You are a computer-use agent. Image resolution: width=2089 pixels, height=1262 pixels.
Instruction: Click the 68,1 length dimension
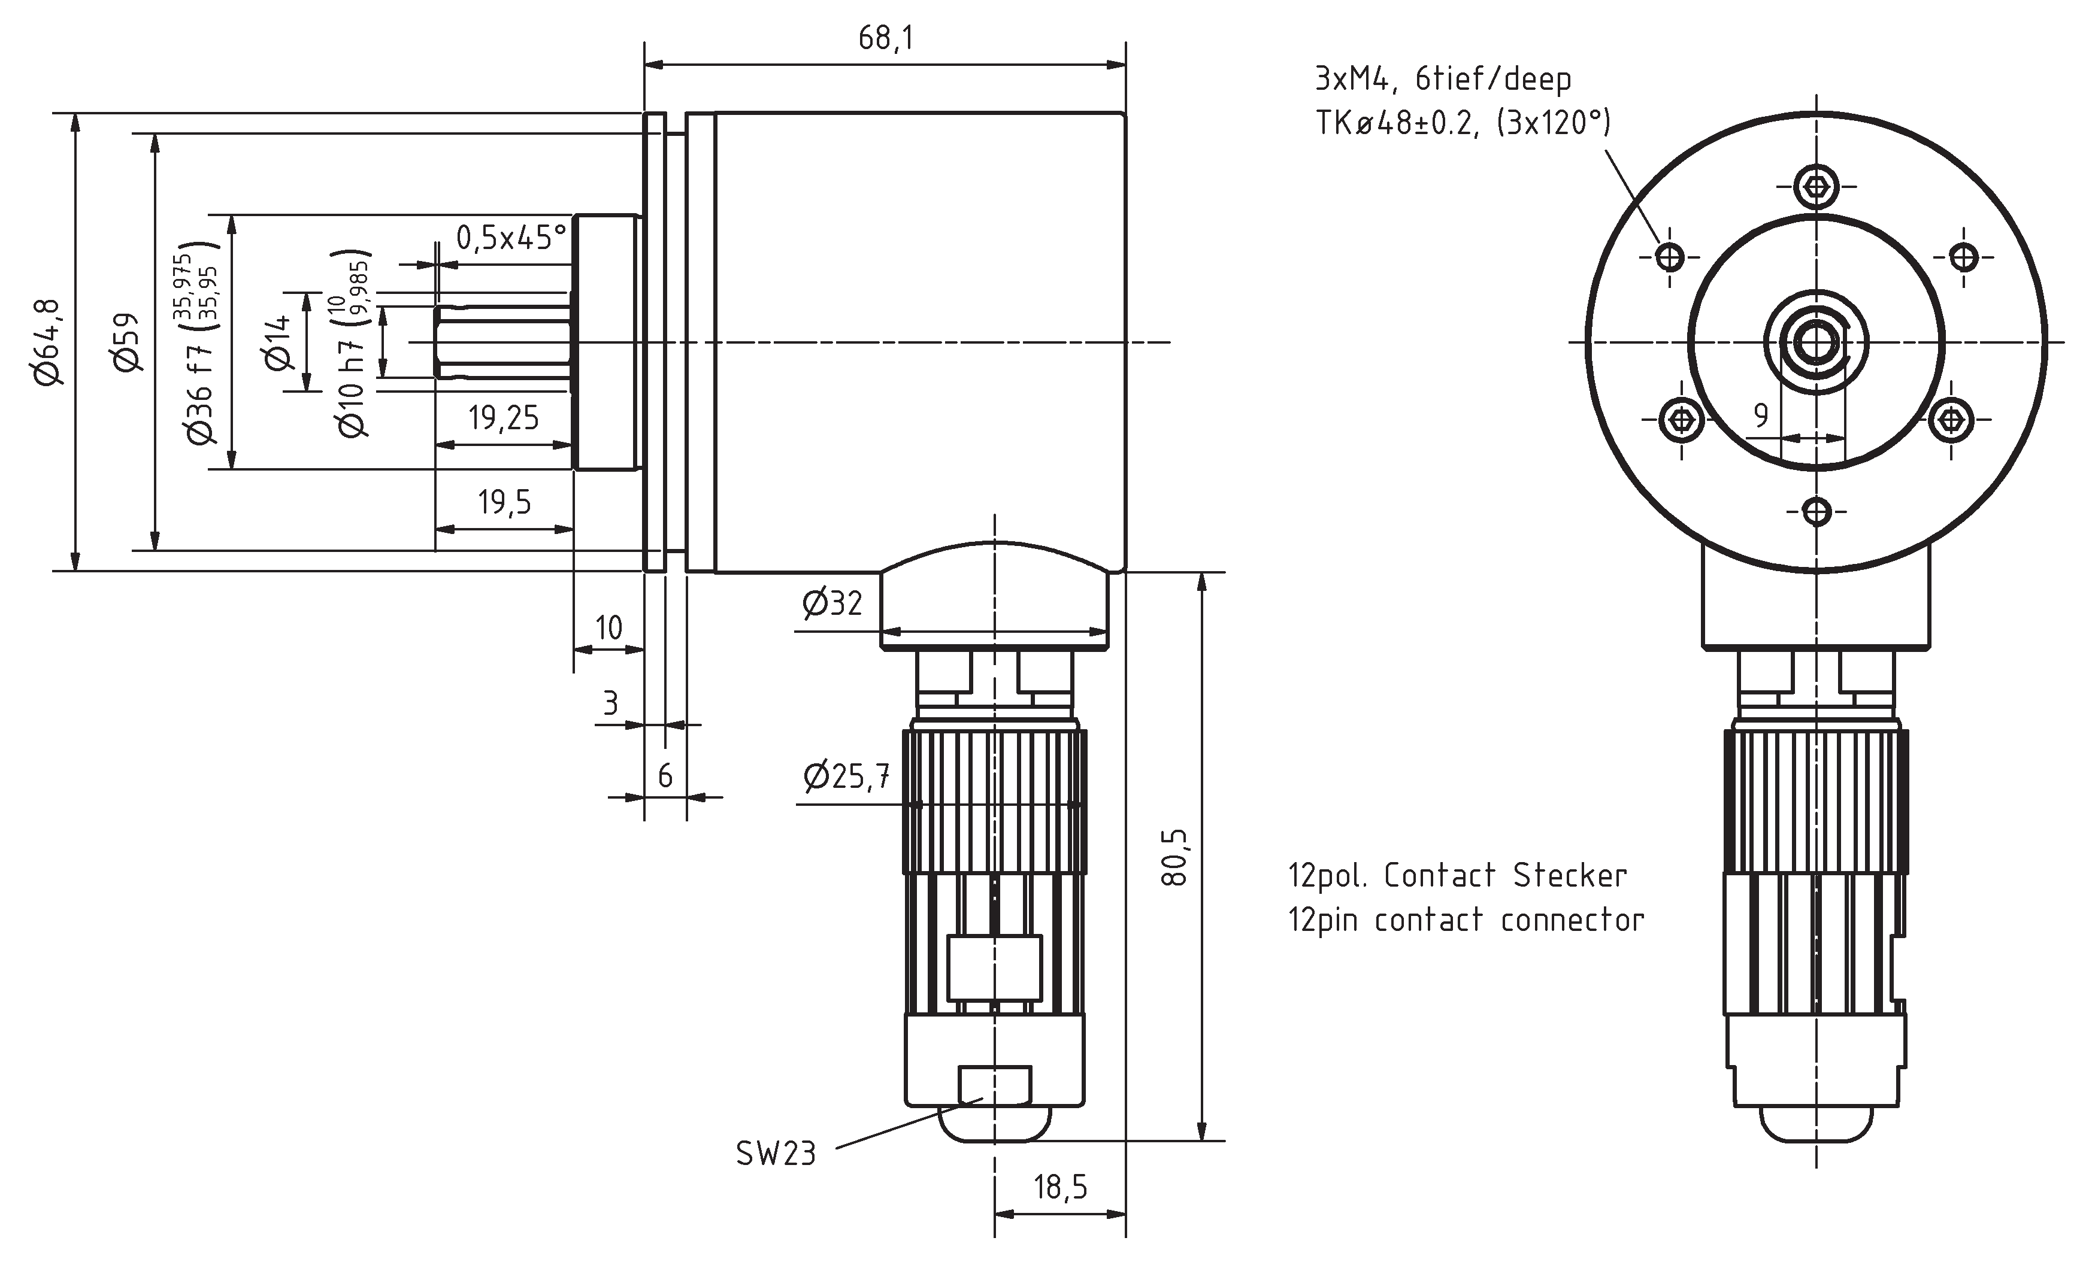[x=885, y=39]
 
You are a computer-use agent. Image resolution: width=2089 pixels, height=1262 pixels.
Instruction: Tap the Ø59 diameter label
[x=127, y=342]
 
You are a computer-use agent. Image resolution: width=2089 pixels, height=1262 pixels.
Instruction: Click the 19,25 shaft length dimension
[x=504, y=418]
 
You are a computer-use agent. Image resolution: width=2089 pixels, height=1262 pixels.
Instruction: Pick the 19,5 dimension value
[x=504, y=503]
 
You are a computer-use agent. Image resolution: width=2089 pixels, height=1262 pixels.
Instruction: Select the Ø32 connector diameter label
[x=832, y=604]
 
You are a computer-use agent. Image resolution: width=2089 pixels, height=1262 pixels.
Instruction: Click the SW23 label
[x=775, y=1154]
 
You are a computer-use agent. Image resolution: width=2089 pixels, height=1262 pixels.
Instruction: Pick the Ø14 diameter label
[x=278, y=342]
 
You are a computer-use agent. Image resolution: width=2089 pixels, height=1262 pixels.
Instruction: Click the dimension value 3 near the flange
[x=610, y=703]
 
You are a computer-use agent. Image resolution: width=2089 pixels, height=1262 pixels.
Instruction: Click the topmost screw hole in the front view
[x=1816, y=186]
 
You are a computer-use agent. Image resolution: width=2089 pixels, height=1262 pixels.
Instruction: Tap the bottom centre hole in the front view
[x=1816, y=512]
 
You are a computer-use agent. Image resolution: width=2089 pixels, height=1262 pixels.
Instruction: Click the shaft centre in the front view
[x=1816, y=342]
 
